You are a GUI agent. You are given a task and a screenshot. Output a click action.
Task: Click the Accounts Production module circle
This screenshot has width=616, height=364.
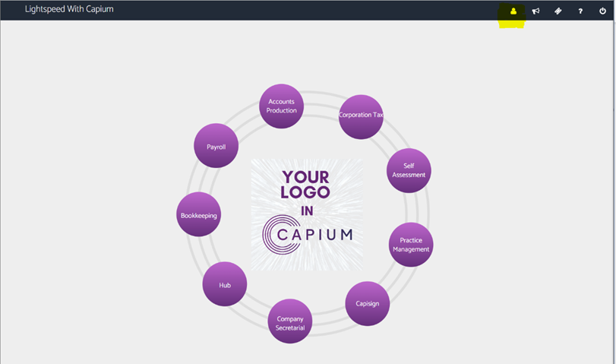[282, 106]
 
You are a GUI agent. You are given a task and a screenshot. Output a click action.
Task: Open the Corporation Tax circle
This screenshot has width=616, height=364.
[361, 116]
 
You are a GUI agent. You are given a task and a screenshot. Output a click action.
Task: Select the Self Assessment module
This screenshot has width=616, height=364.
[409, 170]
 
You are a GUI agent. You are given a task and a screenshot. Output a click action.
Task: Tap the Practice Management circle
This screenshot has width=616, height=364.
[411, 245]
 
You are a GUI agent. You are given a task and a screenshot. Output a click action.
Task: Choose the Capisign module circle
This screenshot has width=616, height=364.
[368, 304]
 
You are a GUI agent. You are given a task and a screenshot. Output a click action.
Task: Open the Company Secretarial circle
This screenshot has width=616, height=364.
[290, 321]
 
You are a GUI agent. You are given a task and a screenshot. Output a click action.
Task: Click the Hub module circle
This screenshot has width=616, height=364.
[225, 284]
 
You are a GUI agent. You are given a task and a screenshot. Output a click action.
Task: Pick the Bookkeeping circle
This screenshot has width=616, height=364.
[199, 214]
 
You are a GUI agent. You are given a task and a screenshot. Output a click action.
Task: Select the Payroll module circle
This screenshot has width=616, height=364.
[216, 146]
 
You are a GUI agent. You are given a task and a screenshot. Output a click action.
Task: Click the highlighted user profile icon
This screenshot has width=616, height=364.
[513, 11]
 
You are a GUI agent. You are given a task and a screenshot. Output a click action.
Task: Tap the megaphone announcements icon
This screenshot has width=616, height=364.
[535, 11]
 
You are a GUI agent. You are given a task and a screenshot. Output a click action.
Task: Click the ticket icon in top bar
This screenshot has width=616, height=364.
[558, 11]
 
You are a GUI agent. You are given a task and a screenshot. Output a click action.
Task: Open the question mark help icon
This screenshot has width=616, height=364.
[580, 11]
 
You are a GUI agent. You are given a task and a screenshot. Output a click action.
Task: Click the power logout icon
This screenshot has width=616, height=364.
[603, 11]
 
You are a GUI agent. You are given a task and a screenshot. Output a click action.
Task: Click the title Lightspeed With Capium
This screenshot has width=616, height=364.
[70, 10]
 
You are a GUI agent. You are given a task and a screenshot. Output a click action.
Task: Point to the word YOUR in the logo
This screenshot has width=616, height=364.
[305, 177]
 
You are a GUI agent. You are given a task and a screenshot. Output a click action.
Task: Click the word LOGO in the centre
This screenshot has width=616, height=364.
[305, 192]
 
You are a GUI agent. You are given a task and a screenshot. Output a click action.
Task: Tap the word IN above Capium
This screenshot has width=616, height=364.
[306, 210]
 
